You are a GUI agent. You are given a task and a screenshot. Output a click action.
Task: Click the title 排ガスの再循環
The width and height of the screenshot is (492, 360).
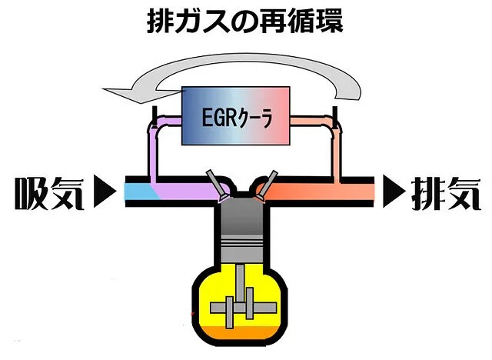[x=244, y=21]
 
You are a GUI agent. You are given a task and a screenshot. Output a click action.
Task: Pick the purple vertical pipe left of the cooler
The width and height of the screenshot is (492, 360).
[x=151, y=150]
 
